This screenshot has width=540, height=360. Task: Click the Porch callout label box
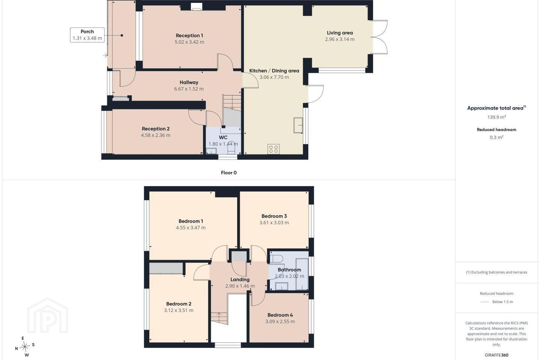87,35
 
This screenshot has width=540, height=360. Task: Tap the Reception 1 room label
189,36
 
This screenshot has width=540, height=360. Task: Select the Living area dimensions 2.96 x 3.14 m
340,39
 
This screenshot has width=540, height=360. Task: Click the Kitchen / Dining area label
274,70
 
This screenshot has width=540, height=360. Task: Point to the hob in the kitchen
274,149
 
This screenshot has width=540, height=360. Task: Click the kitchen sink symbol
298,125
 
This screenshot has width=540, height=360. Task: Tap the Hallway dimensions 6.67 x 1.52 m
189,89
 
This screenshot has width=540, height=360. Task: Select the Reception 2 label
156,129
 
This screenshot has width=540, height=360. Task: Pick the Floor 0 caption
229,172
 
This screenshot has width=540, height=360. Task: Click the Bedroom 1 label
190,221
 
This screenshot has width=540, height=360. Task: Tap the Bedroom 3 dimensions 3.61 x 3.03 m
274,222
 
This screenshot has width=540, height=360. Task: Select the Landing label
240,279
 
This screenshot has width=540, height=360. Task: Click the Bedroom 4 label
280,315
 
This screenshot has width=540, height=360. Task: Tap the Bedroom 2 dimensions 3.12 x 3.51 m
178,310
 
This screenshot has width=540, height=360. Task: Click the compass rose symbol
25,347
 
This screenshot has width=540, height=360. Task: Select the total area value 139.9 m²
496,117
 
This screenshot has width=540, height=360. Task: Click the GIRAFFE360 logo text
496,355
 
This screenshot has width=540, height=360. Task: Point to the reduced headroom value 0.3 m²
496,137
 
